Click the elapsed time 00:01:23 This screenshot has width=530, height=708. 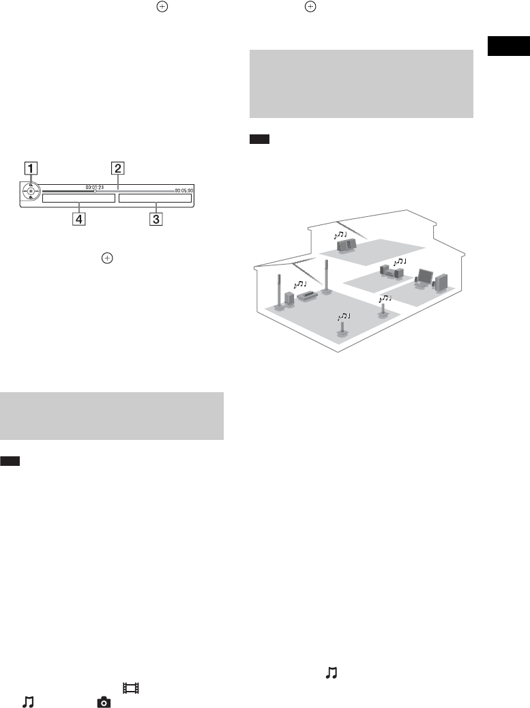94,186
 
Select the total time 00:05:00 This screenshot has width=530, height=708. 183,191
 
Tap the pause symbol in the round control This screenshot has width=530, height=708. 31,192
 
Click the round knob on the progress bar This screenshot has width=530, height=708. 95,192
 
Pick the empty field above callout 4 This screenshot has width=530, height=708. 78,199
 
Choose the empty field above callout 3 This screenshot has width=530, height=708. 156,199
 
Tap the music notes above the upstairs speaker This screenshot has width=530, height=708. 340,235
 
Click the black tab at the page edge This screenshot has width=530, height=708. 510,47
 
